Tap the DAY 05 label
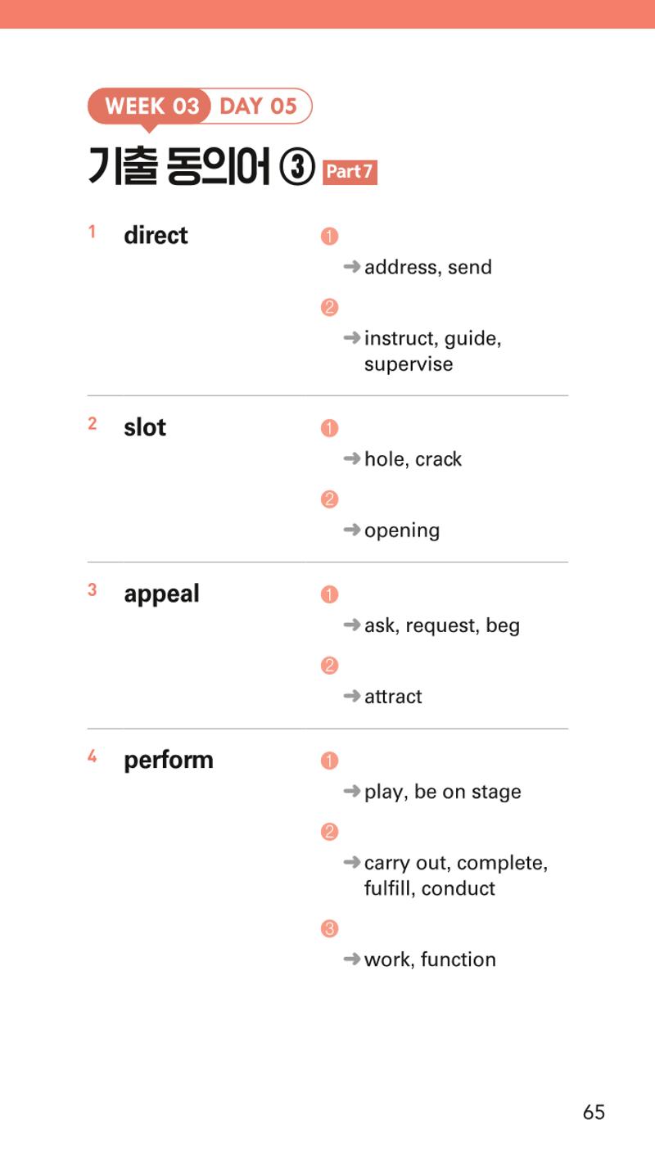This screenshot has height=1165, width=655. [258, 106]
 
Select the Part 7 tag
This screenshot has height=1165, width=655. [350, 172]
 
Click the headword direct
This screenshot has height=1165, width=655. [156, 235]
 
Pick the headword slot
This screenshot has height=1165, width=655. [145, 427]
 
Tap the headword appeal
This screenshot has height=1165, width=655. [161, 594]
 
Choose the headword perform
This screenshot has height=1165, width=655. [169, 761]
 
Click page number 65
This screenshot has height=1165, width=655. [594, 1112]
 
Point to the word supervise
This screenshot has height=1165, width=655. [409, 364]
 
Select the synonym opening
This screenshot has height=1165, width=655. [402, 531]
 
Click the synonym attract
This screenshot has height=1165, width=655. [393, 697]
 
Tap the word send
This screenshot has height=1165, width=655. [470, 268]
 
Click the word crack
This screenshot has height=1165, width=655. [438, 459]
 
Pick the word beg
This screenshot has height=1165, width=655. [503, 626]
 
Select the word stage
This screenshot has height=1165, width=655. [496, 792]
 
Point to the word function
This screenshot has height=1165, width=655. [458, 960]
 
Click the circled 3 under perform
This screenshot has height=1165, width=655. [329, 928]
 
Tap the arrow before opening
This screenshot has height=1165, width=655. [352, 530]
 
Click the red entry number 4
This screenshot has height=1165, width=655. [92, 756]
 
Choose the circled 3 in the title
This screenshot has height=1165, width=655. [297, 167]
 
